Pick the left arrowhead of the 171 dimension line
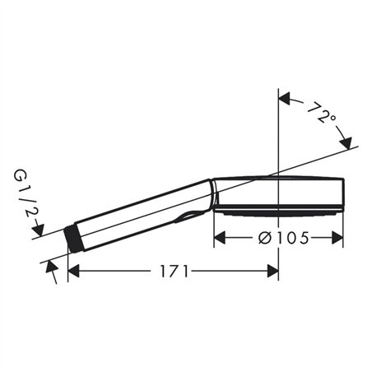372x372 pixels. (x=73, y=271)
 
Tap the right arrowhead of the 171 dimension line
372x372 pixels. (x=273, y=271)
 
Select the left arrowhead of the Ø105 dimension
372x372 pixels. (x=220, y=238)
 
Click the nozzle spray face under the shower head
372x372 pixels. (x=276, y=211)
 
